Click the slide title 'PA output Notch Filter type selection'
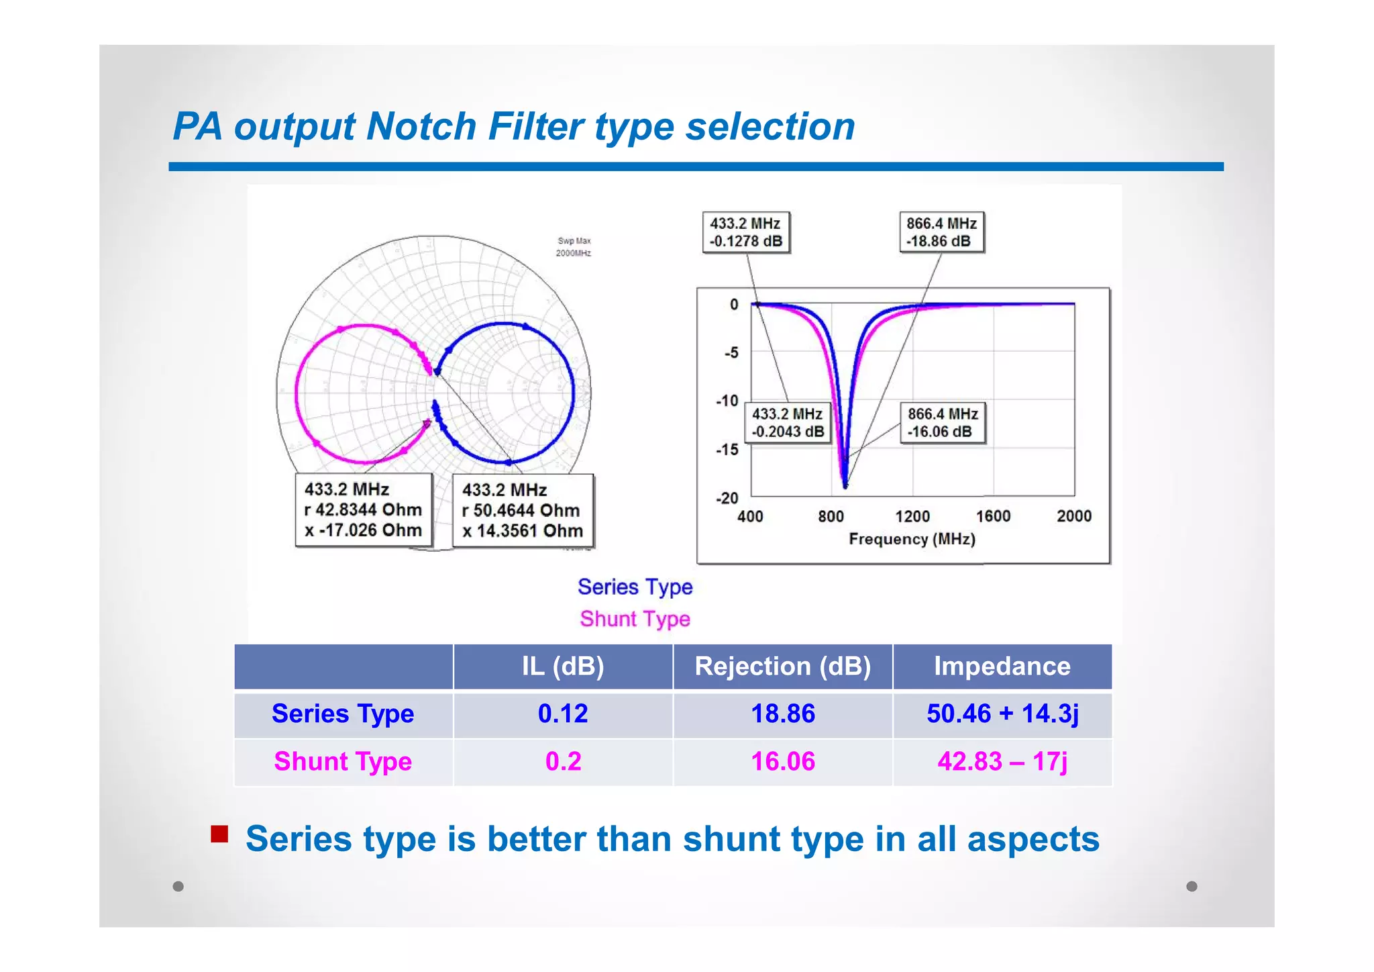pos(514,126)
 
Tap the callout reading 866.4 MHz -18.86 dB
pos(941,232)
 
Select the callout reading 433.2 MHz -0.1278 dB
pos(746,232)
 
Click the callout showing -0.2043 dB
pos(788,423)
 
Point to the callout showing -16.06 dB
pos(943,423)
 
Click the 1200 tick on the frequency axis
pos(912,516)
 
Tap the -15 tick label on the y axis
pos(727,450)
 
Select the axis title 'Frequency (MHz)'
pos(912,539)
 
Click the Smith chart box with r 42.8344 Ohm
pos(363,510)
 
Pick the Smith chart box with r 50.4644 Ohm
pos(523,511)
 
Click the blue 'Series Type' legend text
pos(635,587)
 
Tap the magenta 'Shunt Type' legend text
pos(635,619)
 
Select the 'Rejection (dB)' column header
pos(782,667)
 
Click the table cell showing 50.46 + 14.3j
pos(1002,714)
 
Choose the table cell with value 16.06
pos(782,762)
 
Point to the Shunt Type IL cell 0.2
pos(563,762)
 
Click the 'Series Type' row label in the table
pos(343,714)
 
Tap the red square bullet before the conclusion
pos(219,834)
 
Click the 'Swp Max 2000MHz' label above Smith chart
pos(574,247)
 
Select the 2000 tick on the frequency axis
pos(1073,516)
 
